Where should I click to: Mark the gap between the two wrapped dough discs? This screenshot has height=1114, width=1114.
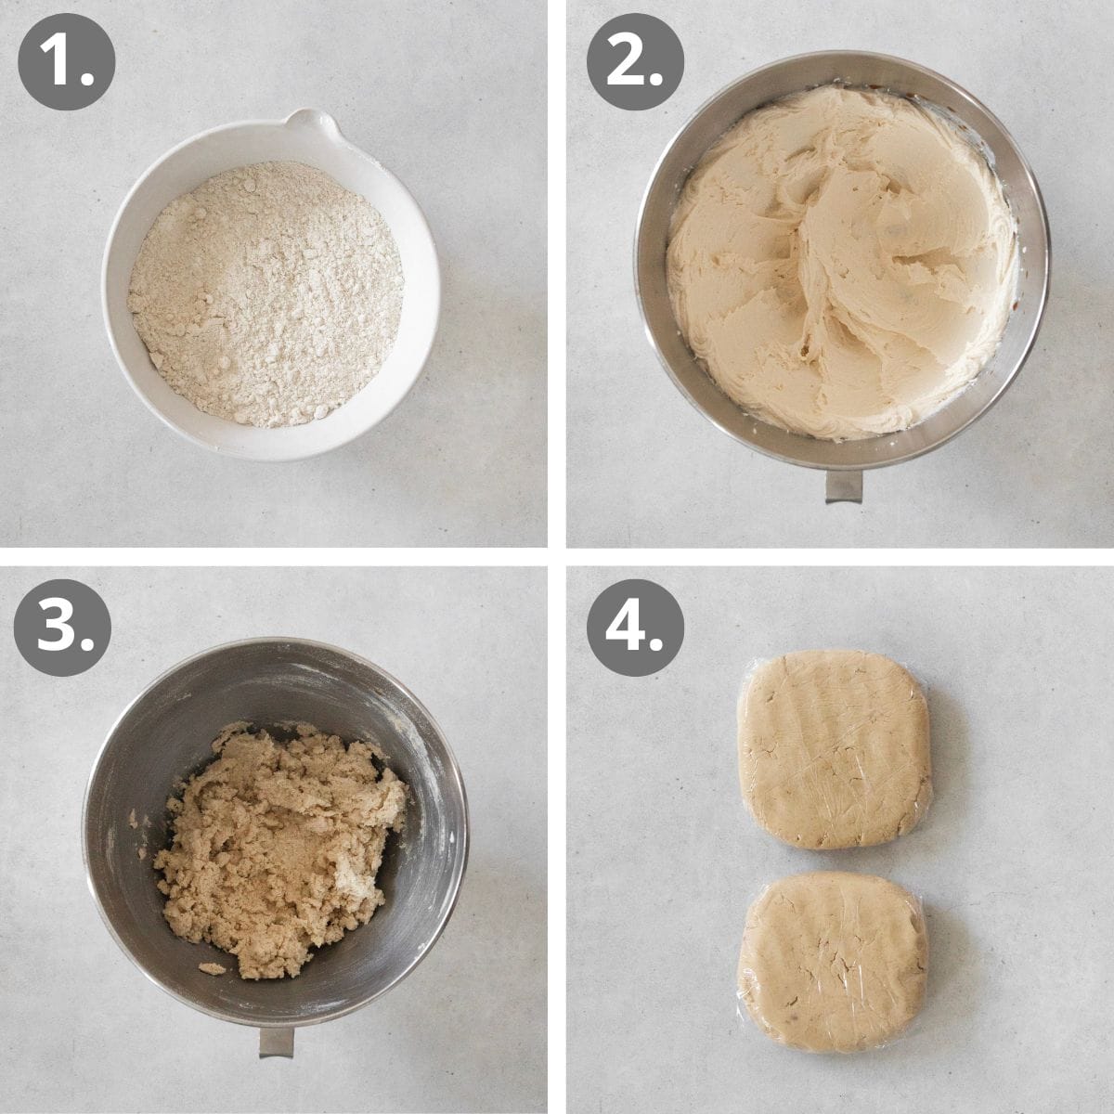(833, 860)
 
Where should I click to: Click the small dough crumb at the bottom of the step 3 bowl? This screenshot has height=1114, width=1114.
(213, 968)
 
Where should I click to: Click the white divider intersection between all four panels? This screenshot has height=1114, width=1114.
(557, 557)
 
